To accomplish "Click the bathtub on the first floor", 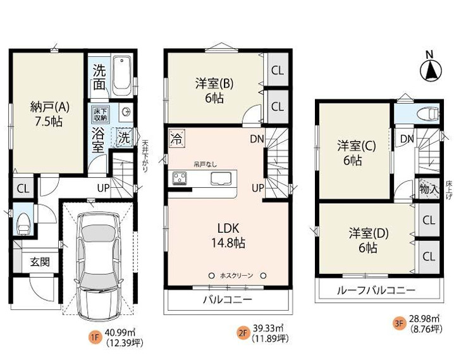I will [121, 73].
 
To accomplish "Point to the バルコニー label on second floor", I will [228, 299].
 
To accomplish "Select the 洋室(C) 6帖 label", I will [356, 153].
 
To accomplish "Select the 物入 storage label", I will [429, 189].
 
